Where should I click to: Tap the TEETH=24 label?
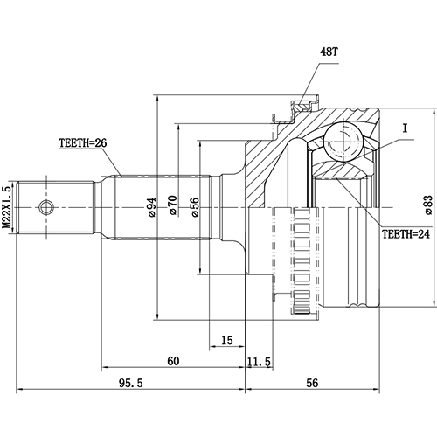(x=405, y=235)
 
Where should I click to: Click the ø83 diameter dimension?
(x=427, y=204)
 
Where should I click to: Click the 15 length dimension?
(x=226, y=341)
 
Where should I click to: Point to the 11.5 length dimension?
(x=259, y=361)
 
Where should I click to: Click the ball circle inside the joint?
(x=344, y=142)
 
